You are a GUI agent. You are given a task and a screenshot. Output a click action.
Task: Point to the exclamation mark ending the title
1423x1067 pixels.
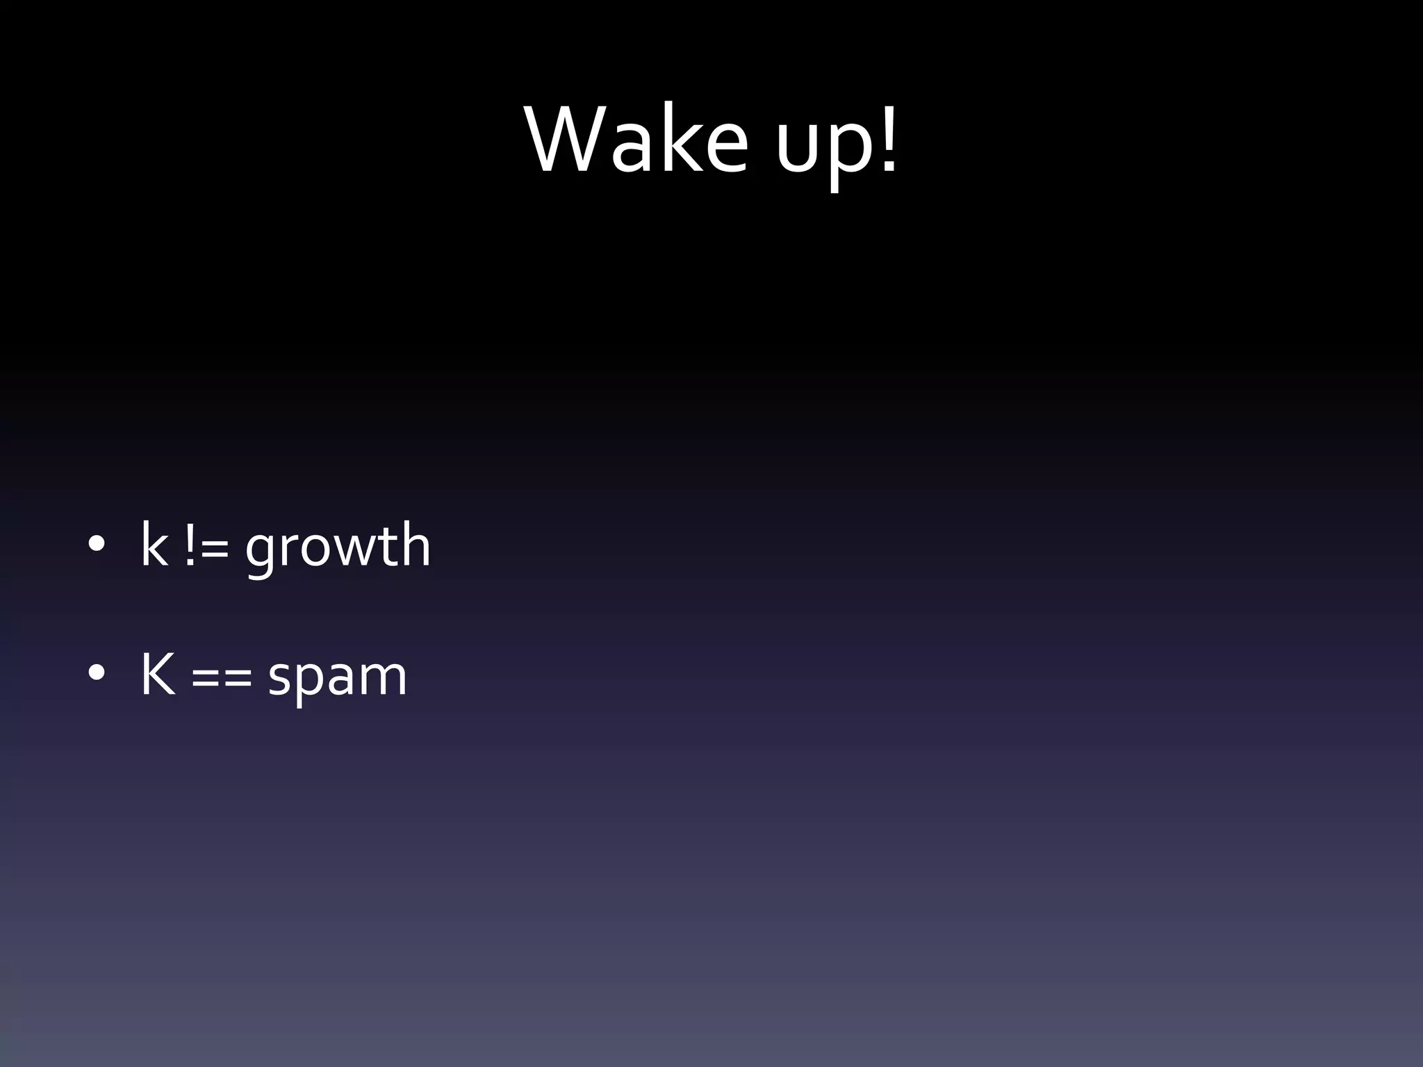[889, 138]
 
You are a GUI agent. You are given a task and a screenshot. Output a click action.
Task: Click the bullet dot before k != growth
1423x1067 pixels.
[97, 545]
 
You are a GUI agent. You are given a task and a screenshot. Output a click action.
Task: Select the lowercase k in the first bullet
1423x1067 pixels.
[154, 545]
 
